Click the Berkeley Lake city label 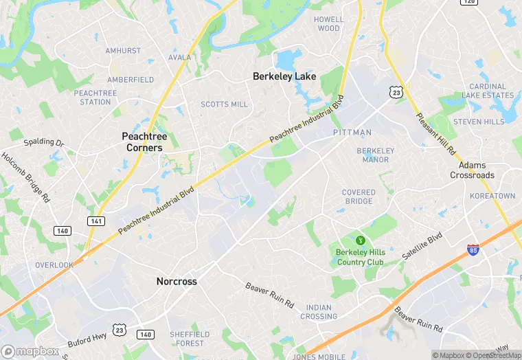(x=284, y=76)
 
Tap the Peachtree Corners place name (x=144, y=142)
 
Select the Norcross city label (x=177, y=282)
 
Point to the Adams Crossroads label (x=472, y=170)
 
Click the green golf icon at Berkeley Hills (x=359, y=240)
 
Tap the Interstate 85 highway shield (x=473, y=251)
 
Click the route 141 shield (x=95, y=221)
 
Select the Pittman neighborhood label (x=352, y=132)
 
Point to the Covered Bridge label (x=359, y=197)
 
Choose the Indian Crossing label (x=319, y=312)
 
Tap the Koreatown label (x=492, y=196)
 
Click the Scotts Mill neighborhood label (x=224, y=104)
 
